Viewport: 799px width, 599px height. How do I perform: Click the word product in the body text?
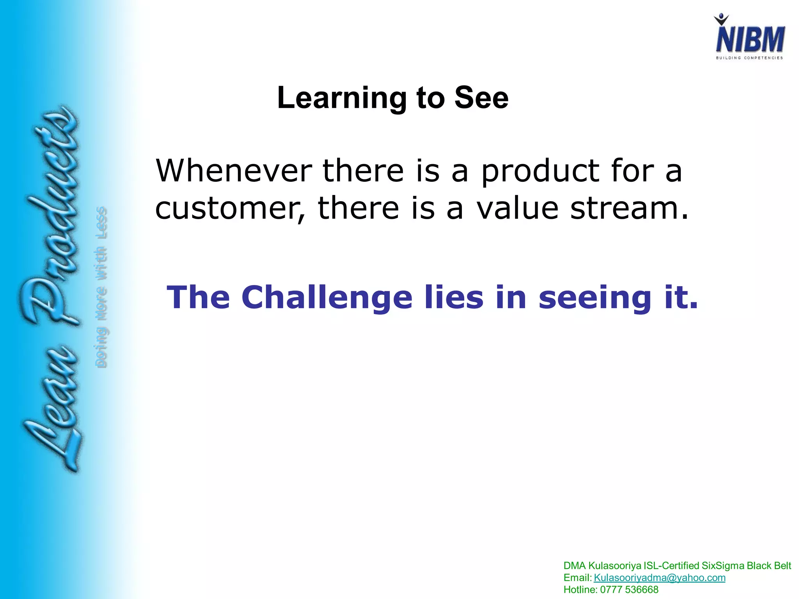(540, 172)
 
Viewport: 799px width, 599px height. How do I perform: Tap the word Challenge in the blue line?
(327, 298)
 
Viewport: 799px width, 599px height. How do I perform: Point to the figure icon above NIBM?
(721, 19)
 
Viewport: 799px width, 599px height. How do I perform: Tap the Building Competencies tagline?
(749, 58)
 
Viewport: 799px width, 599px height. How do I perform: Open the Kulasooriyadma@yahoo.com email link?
(659, 578)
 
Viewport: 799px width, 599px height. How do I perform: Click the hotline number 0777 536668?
(629, 590)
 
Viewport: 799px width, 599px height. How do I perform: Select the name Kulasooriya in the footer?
(614, 566)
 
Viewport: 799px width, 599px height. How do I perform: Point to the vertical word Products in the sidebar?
(51, 218)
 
